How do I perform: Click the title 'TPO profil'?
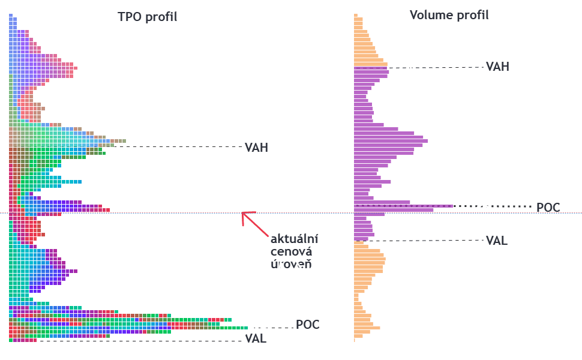(147, 17)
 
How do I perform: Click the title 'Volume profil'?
(449, 15)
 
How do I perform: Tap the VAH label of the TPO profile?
(256, 148)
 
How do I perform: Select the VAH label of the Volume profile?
(497, 67)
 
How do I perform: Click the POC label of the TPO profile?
(307, 325)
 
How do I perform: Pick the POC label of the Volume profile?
(548, 208)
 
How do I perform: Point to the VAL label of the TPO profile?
(256, 339)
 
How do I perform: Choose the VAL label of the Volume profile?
(497, 241)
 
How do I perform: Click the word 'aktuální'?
(293, 237)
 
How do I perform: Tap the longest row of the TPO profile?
(128, 328)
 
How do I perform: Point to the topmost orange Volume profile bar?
(356, 16)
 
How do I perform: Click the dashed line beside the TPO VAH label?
(180, 146)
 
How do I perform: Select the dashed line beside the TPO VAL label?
(138, 341)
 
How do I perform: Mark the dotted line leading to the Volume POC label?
(492, 206)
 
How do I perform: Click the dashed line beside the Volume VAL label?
(426, 240)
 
